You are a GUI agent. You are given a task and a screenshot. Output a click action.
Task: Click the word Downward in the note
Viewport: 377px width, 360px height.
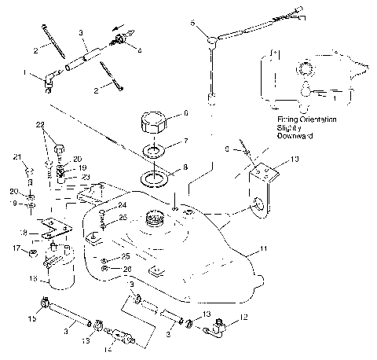[293, 135]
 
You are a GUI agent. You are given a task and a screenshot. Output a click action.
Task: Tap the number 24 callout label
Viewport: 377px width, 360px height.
[123, 205]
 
